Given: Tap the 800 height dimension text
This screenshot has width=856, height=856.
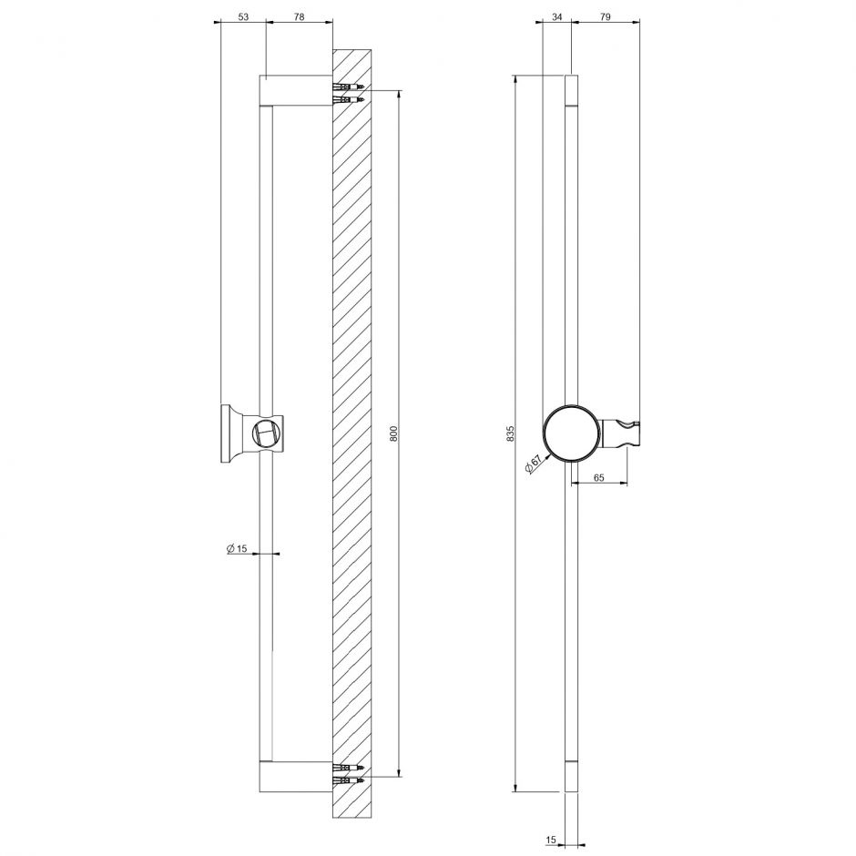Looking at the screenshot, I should pos(394,433).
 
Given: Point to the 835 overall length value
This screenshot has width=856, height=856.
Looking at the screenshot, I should pos(511,433).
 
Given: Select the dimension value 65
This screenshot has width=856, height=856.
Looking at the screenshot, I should pos(598,476).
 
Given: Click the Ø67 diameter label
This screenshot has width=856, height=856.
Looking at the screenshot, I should pos(534,464).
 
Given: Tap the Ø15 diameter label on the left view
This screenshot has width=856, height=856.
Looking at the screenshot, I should pos(237,548).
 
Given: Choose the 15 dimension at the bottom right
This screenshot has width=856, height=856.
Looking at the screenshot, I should pos(551,842).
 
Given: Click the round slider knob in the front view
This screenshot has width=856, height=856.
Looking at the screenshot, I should pos(571,433).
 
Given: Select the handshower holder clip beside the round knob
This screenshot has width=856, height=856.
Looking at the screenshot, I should pos(624,433).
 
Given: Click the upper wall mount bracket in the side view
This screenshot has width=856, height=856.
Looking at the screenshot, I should pos(296,90).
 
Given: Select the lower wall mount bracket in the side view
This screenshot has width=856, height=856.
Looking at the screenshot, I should pos(296,776).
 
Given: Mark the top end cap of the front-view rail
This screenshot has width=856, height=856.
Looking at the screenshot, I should pos(571,90).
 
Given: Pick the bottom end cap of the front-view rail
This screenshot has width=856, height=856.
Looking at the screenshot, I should pos(571,776).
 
